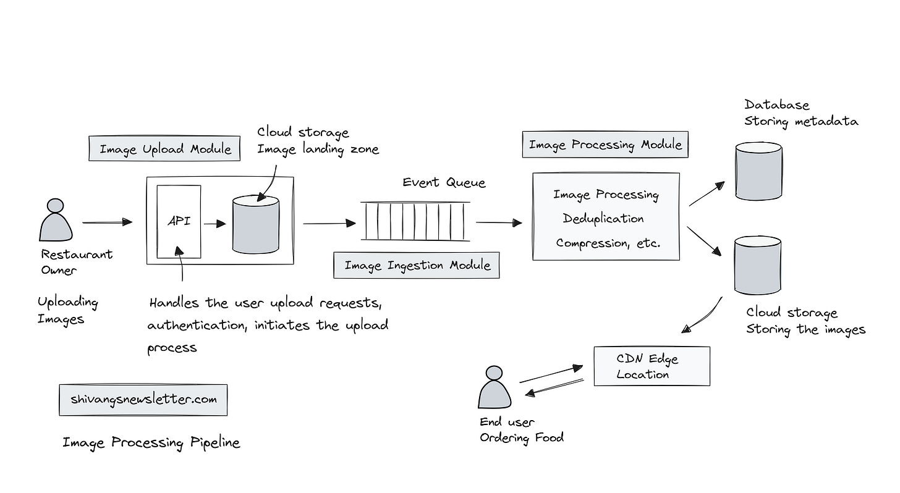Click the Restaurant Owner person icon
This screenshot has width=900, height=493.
click(x=56, y=220)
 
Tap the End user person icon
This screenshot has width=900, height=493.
click(x=494, y=387)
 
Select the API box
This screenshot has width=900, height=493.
click(x=179, y=221)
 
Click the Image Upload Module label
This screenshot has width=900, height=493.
click(x=165, y=149)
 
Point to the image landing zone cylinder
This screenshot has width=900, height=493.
click(x=255, y=225)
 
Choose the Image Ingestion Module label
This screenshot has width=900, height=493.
click(x=417, y=266)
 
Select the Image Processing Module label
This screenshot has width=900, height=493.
click(x=605, y=145)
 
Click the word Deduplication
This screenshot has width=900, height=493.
click(x=603, y=219)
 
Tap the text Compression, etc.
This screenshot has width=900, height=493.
click(x=608, y=243)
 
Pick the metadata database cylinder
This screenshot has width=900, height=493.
click(x=758, y=171)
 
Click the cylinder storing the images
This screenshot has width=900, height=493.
click(x=757, y=266)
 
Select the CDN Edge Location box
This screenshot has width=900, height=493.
click(x=652, y=366)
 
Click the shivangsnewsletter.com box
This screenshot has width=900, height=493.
click(x=143, y=400)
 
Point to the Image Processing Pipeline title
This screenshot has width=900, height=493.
click(x=151, y=442)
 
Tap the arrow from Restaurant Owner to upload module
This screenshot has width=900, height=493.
click(x=107, y=222)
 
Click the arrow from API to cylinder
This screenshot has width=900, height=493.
click(x=215, y=224)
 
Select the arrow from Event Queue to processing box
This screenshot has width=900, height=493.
click(x=499, y=223)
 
